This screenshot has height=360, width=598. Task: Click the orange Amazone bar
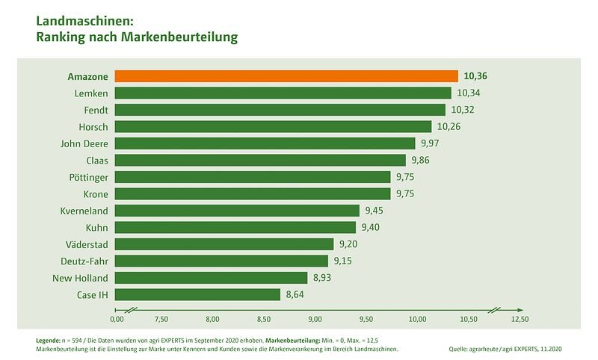(287, 76)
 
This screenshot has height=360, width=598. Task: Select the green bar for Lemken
(283, 93)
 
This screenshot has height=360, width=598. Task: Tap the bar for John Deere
(265, 143)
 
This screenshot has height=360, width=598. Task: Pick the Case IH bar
(198, 294)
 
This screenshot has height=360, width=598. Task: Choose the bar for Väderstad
(225, 244)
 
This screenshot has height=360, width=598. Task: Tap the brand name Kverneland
(84, 211)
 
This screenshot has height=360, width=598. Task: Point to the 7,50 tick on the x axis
(161, 319)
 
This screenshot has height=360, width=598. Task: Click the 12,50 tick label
(520, 319)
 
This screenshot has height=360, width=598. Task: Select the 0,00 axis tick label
(117, 319)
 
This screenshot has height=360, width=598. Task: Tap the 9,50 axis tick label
(366, 319)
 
